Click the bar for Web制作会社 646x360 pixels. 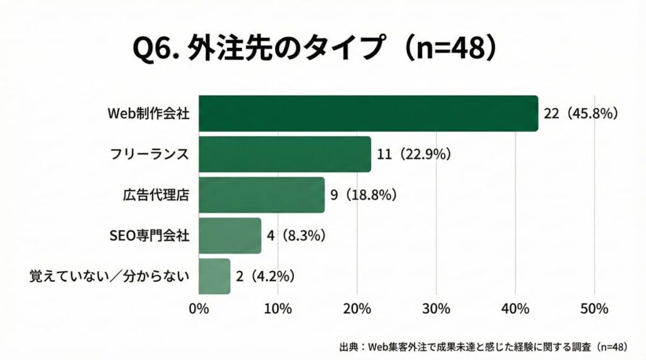click(368, 113)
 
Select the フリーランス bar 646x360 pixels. click(285, 154)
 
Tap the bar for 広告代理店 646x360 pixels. click(262, 195)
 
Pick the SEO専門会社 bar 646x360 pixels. click(230, 236)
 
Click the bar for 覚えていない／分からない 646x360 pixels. click(214, 276)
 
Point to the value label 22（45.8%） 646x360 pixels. click(580, 113)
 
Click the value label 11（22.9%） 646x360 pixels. click(414, 154)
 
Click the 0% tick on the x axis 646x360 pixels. click(199, 309)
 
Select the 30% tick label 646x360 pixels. click(436, 309)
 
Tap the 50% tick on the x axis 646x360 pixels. click(594, 309)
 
